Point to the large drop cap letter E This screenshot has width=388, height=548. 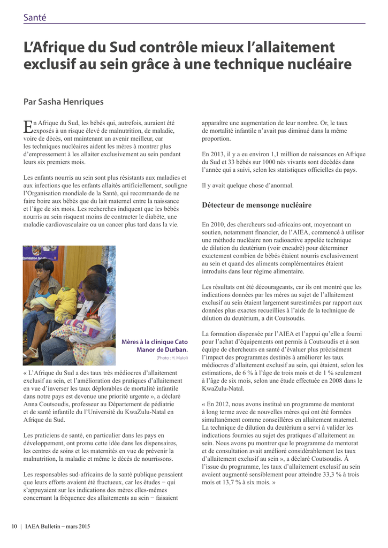[x=28, y=126]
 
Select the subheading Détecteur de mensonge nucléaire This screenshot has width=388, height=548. [x=256, y=205]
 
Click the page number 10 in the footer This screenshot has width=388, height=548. [x=15, y=527]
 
